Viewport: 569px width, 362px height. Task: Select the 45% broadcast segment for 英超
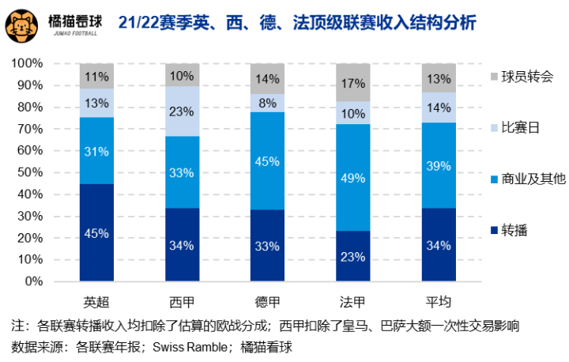[96, 232]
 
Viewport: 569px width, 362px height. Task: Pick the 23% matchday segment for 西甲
[182, 111]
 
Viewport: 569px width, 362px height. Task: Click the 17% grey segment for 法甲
[354, 82]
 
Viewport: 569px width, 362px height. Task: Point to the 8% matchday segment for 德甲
[267, 103]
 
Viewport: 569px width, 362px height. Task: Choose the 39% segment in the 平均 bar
[439, 165]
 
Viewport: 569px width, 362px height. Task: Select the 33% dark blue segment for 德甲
[267, 245]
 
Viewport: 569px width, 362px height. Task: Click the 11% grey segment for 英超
[96, 76]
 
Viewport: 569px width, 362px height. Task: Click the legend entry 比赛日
[520, 127]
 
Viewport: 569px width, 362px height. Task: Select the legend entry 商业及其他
[531, 179]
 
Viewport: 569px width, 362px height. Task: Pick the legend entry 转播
[514, 230]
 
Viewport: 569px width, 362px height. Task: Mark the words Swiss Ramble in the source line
[189, 346]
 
